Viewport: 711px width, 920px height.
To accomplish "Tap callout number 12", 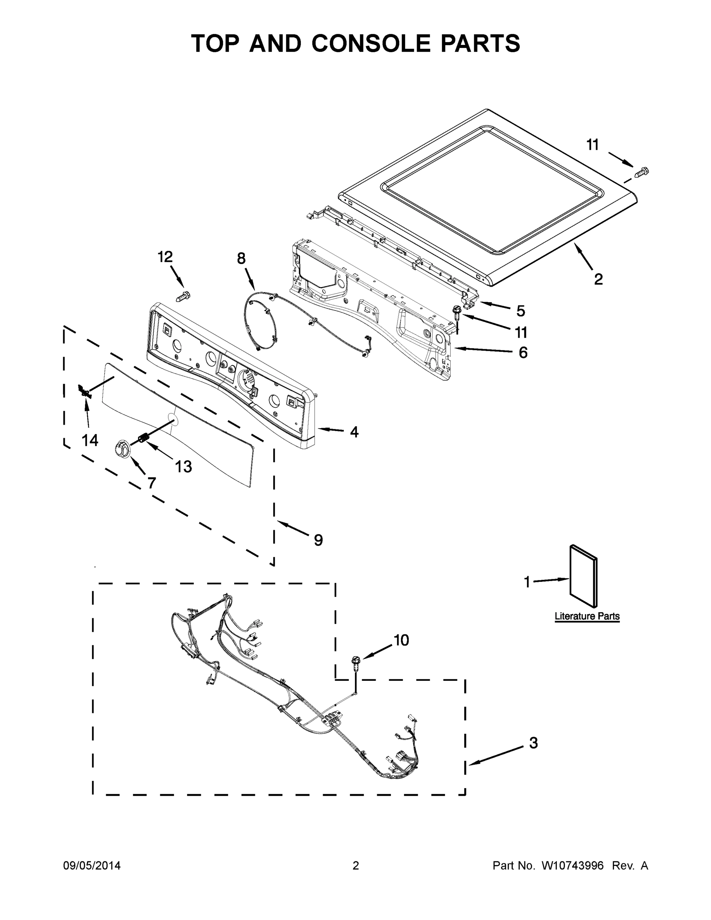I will [165, 256].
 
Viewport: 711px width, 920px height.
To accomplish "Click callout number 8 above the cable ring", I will [241, 258].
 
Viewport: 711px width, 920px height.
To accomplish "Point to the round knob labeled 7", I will [122, 448].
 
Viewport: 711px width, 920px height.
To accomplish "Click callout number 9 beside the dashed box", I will [319, 540].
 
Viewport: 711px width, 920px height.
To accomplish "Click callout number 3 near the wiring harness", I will [533, 743].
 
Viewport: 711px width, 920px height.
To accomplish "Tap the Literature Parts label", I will [587, 616].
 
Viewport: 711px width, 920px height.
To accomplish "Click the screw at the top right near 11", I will [642, 171].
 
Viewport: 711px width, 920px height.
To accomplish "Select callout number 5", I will [521, 311].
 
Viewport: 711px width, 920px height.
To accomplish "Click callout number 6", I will [523, 352].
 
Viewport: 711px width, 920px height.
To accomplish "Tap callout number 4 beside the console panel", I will [354, 431].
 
